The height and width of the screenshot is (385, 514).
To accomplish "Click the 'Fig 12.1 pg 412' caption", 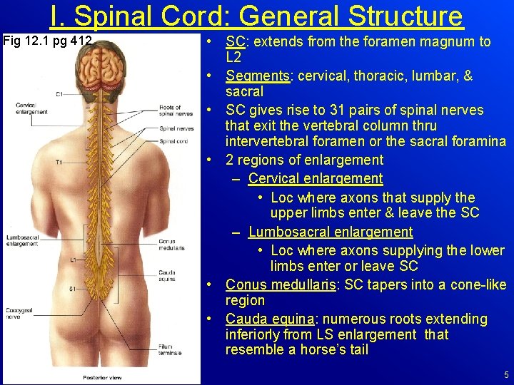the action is [x=47, y=41].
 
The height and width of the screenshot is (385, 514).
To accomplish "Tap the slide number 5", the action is [x=505, y=375].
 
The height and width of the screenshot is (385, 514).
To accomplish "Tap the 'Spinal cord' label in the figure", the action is [x=173, y=141].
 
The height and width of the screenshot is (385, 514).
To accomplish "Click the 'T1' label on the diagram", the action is [x=59, y=163].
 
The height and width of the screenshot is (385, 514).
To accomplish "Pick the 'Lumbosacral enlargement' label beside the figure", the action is [x=22, y=240].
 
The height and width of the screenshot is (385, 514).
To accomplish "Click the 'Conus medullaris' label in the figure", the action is [x=171, y=245].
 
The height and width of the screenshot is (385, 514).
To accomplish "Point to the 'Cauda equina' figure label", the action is [x=168, y=275].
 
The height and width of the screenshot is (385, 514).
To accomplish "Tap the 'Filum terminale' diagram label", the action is [x=171, y=349].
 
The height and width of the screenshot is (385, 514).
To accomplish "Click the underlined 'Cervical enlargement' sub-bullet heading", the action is [x=316, y=178].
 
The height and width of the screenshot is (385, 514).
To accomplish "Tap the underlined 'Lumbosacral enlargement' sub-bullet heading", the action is [x=331, y=232].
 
